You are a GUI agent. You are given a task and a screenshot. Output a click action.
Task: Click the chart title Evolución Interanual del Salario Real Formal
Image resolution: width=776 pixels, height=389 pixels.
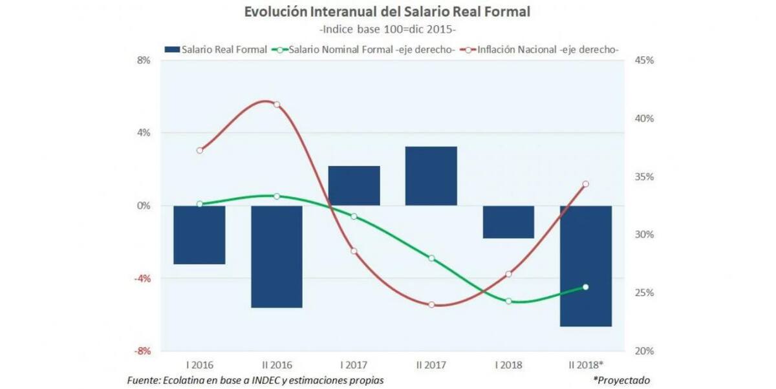point(387,12)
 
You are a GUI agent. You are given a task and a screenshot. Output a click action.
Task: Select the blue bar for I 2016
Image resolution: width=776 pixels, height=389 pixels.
point(199,235)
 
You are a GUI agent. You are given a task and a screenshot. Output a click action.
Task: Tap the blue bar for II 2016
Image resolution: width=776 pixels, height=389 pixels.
point(277,257)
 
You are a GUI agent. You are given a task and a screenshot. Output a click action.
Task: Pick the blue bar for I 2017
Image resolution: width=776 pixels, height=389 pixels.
point(354,185)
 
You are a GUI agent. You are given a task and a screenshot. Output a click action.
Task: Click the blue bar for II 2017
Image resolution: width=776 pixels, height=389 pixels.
point(431,176)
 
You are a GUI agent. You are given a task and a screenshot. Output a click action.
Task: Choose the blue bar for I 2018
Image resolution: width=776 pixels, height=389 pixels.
point(508,222)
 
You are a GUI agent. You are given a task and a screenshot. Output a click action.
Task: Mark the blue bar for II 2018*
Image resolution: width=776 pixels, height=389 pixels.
point(586,266)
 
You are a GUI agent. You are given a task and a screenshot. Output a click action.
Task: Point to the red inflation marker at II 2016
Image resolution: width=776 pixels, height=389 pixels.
point(277,105)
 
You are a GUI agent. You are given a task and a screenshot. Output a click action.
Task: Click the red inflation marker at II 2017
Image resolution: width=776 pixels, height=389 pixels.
point(431,304)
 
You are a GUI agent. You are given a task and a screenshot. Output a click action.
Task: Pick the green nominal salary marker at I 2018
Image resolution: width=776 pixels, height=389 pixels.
point(508,301)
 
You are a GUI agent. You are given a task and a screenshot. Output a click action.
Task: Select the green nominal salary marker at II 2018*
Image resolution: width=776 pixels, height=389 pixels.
point(586,287)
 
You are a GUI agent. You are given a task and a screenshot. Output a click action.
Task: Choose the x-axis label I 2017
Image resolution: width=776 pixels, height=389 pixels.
point(354,365)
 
